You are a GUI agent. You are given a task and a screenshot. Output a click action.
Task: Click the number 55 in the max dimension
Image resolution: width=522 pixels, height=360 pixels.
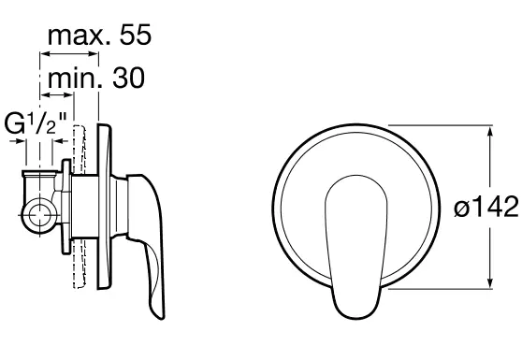(136, 35)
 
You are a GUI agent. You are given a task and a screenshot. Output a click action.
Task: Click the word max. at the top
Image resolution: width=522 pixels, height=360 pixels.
(80, 36)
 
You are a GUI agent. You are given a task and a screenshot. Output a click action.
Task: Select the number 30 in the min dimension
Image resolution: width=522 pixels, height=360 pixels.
(128, 78)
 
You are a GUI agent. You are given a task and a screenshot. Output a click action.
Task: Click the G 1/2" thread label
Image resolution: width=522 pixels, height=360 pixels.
(36, 122)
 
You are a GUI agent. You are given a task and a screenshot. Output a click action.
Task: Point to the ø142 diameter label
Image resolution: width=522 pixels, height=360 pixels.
(486, 207)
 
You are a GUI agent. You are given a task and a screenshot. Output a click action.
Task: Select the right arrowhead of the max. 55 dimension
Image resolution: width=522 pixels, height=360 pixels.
(94, 53)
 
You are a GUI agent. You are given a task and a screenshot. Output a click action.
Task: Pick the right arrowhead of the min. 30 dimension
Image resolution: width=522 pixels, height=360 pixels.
(68, 95)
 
